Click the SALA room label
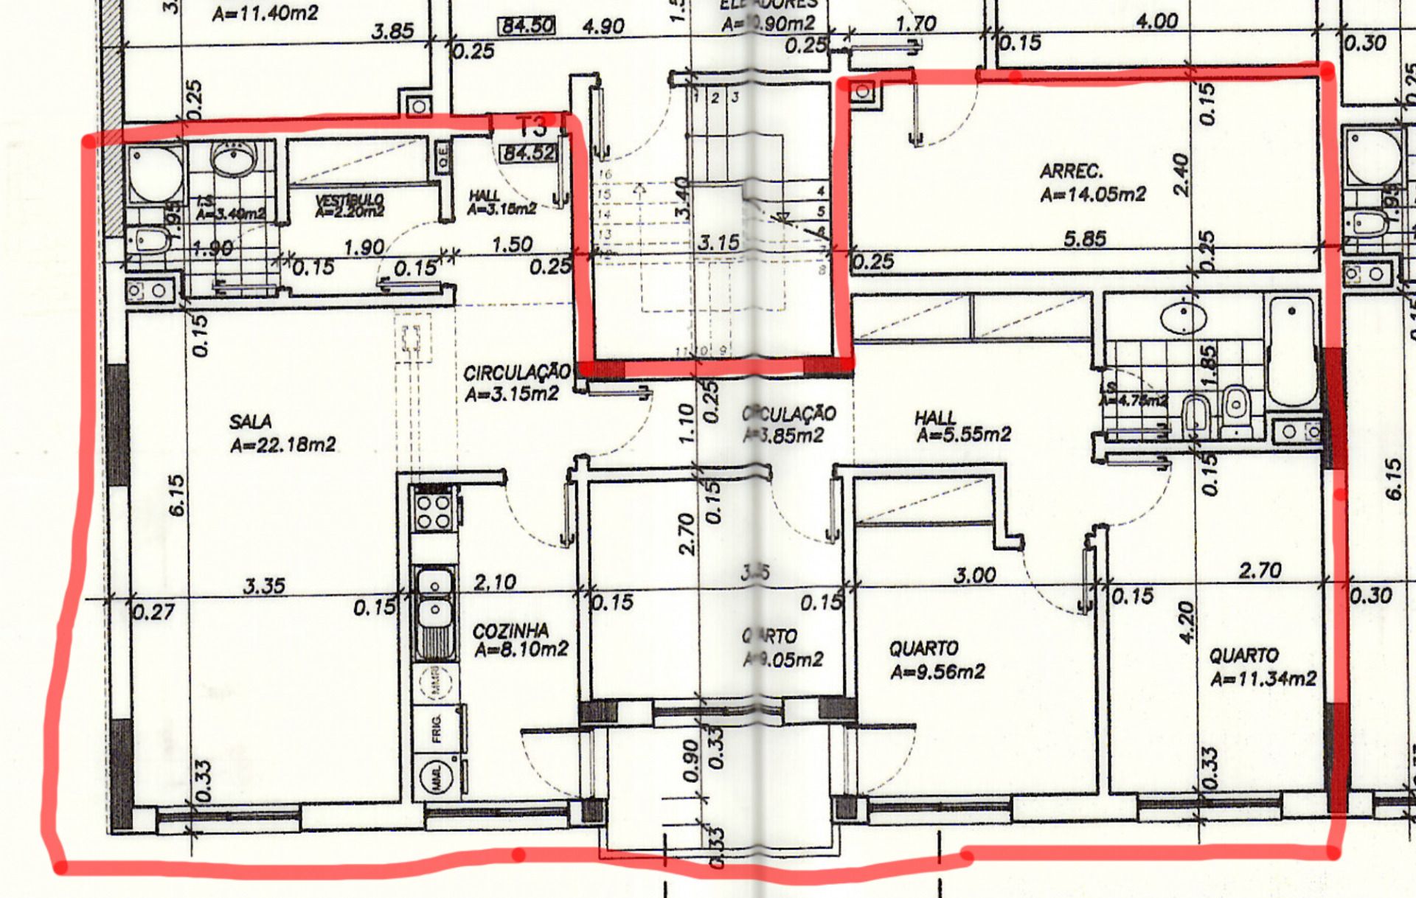(250, 422)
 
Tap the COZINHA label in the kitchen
(510, 631)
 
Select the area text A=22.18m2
(282, 445)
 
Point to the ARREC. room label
(1071, 172)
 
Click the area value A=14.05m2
(1093, 195)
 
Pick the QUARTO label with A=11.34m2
(1243, 655)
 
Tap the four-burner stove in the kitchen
(434, 511)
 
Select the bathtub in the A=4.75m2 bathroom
(1292, 350)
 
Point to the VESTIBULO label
(350, 201)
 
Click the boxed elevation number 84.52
(529, 153)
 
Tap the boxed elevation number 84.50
(527, 26)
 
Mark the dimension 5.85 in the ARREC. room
(1084, 239)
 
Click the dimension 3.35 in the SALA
(264, 586)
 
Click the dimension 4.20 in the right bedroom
(1185, 622)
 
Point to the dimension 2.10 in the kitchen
(495, 582)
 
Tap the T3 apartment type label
(532, 127)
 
